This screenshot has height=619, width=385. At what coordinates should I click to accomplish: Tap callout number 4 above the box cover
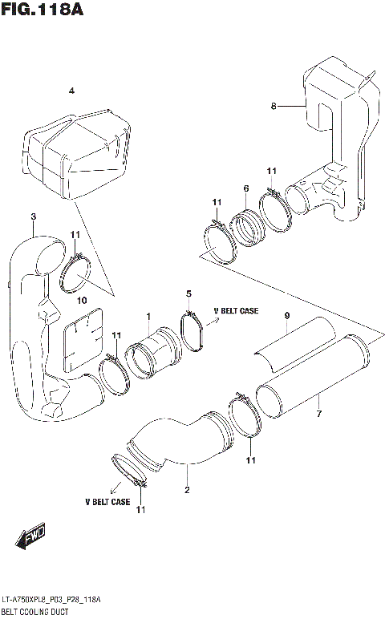tap(71, 91)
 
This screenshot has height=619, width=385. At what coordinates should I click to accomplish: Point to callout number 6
tap(245, 188)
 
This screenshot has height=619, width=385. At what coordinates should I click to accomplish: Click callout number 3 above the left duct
tap(33, 216)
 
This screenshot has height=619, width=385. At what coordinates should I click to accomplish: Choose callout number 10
tap(81, 300)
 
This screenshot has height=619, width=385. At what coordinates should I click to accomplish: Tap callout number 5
tap(188, 293)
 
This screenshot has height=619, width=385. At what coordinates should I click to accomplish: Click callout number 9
tap(286, 316)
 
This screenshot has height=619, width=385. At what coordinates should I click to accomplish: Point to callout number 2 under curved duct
tap(186, 490)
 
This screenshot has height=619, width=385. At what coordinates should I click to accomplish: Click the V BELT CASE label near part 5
tap(236, 310)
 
